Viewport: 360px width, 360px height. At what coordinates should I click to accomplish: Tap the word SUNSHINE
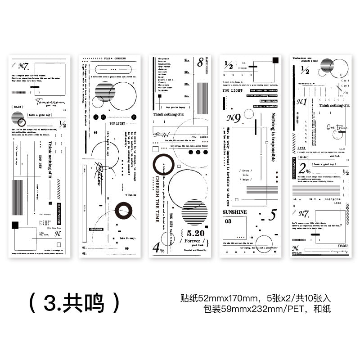coord(235,211)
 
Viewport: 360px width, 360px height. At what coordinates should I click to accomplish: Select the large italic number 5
coord(272,215)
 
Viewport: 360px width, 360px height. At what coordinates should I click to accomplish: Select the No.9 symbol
coord(234,118)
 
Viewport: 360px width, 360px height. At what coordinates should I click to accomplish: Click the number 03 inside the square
coord(228,221)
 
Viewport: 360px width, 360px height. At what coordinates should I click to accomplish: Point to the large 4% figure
coord(158,247)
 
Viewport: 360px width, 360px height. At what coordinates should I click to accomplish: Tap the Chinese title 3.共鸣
coord(75,303)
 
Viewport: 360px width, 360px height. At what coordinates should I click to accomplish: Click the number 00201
coord(203,137)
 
